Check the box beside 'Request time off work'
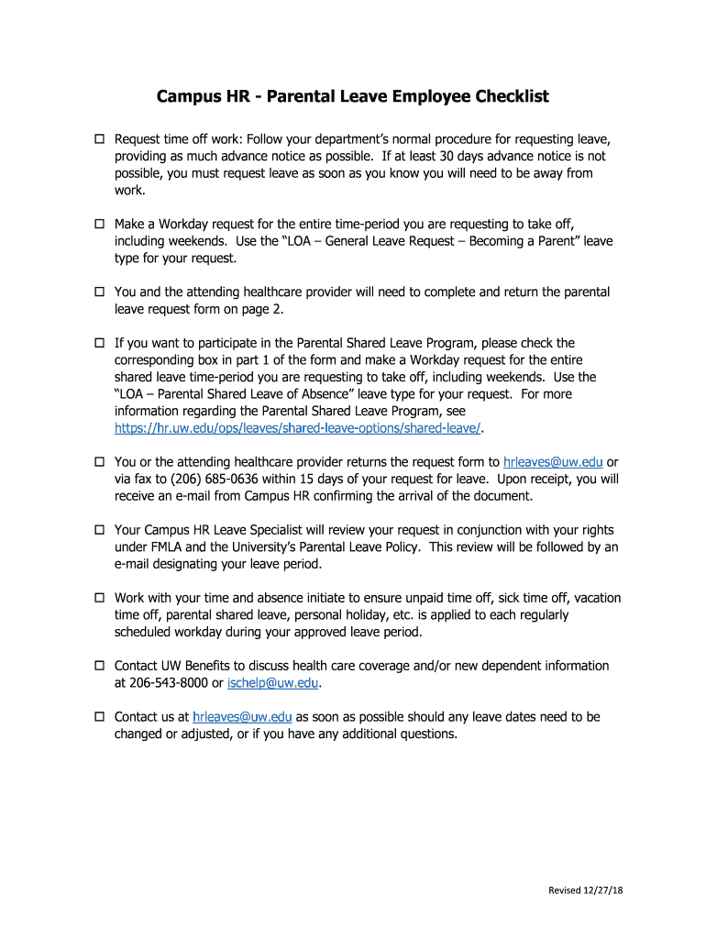pos(100,139)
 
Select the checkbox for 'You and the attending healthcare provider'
pos(100,293)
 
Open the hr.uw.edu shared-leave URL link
pos(298,428)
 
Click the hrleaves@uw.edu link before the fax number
pos(553,462)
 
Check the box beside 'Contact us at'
pos(100,717)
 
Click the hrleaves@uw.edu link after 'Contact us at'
pos(242,717)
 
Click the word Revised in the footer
pos(564,890)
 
